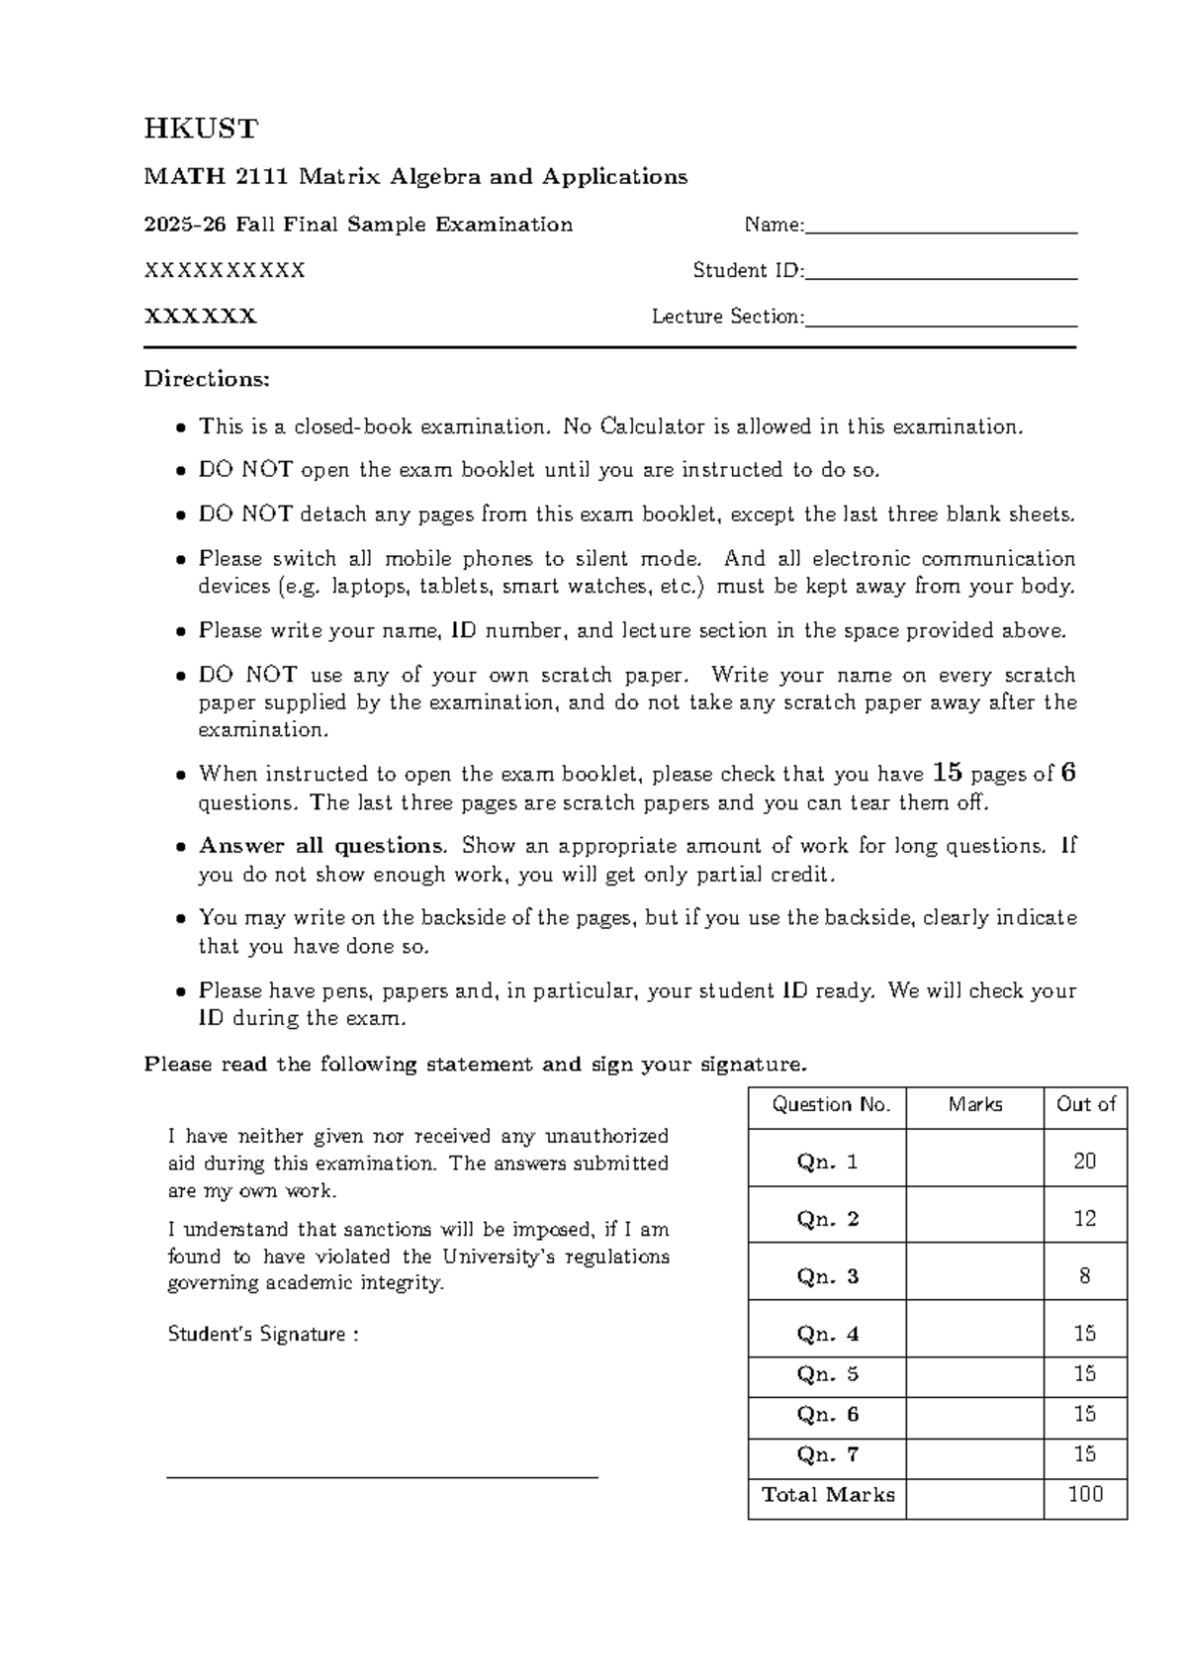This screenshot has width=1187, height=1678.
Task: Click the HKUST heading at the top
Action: [201, 130]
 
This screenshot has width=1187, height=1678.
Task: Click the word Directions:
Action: [207, 379]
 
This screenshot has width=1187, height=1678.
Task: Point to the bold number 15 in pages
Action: [947, 773]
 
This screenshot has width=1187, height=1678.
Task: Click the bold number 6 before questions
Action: [1067, 773]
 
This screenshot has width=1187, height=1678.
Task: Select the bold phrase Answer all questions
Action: [322, 846]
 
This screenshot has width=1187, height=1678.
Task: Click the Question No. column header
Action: [826, 1105]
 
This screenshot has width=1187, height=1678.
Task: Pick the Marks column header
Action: [974, 1105]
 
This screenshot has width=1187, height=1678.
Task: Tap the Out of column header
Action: [1085, 1105]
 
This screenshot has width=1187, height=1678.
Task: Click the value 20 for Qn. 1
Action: [1085, 1162]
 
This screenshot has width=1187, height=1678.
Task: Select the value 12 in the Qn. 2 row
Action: [1085, 1219]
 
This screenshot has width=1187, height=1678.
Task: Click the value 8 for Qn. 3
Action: [1085, 1276]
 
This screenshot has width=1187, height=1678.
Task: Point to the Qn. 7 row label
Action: [827, 1454]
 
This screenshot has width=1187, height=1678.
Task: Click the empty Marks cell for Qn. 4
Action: [974, 1334]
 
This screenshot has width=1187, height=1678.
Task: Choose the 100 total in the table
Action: [1085, 1494]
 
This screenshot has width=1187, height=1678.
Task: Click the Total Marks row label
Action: [827, 1495]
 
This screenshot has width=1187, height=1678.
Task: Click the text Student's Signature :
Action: [262, 1335]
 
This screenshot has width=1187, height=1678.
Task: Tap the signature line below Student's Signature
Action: [382, 1476]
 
